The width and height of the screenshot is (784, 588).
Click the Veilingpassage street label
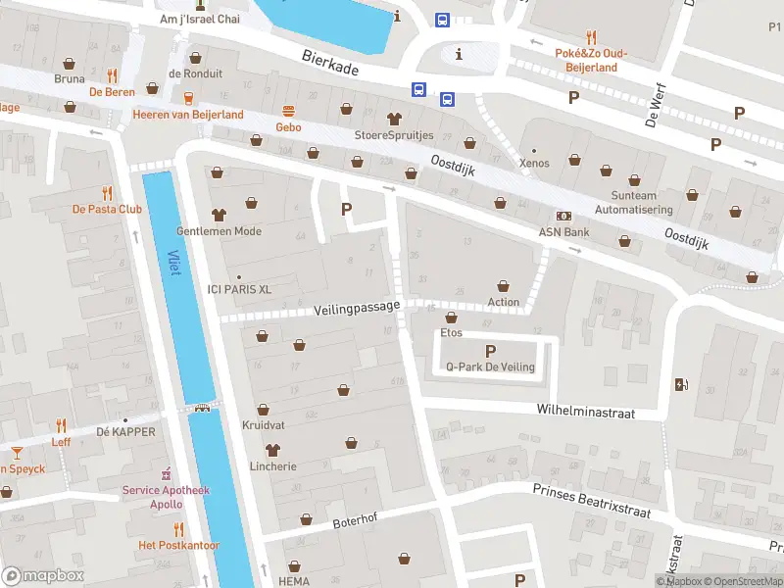tap(358, 308)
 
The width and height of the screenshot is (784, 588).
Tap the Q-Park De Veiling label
tap(490, 367)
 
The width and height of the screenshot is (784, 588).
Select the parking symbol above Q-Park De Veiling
tap(491, 350)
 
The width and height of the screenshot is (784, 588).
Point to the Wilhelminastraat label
tap(585, 414)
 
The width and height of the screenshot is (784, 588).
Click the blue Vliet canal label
tap(174, 260)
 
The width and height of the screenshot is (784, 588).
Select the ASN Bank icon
tap(563, 216)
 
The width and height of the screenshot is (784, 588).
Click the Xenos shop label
tap(534, 163)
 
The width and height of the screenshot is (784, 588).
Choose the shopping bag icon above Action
tap(504, 285)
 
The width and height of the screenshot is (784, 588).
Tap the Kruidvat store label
tap(263, 425)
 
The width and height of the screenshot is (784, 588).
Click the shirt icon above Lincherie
tap(271, 450)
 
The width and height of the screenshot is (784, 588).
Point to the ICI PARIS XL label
tap(239, 288)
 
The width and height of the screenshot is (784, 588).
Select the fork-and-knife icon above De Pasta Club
tap(107, 193)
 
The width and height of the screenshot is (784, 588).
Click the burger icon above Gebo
tap(288, 111)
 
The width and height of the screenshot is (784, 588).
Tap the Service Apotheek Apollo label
tap(152, 497)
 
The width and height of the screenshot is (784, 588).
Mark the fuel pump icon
tap(682, 384)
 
